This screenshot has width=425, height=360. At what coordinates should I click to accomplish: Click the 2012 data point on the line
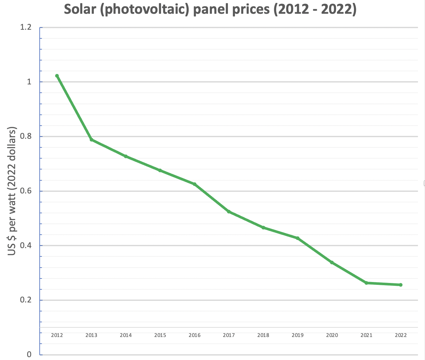click(x=57, y=76)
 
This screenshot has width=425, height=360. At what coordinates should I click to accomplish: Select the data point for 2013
click(x=92, y=140)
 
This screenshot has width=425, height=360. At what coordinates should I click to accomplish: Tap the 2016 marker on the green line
click(x=195, y=184)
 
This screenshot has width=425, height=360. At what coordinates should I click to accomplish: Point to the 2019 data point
click(x=298, y=238)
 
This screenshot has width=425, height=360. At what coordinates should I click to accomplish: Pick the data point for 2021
click(x=366, y=283)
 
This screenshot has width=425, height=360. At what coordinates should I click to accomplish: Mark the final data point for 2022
click(x=401, y=285)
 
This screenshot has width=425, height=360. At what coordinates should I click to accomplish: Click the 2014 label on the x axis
click(x=126, y=335)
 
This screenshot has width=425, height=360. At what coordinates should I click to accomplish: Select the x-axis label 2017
click(x=229, y=335)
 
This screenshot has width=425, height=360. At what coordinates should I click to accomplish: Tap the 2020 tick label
click(x=332, y=335)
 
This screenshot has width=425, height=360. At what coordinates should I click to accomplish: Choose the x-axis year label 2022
click(x=401, y=335)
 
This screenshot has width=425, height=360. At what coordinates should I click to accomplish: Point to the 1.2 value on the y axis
click(x=26, y=27)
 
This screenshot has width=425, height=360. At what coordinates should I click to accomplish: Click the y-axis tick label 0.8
click(x=26, y=136)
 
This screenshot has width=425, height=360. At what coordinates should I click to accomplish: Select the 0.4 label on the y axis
click(x=26, y=246)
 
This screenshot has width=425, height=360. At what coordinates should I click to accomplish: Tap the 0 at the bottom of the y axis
click(x=29, y=354)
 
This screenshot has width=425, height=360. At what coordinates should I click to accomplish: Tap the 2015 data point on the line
click(x=160, y=170)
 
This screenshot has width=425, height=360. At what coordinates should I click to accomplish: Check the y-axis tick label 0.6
click(x=26, y=191)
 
